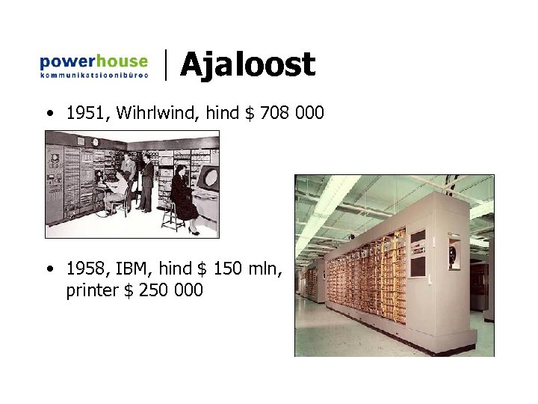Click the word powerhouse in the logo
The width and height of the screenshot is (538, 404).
pyautogui.click(x=93, y=61)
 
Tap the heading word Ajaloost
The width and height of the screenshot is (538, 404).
pyautogui.click(x=247, y=65)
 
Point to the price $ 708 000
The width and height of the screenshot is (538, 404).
pyautogui.click(x=284, y=113)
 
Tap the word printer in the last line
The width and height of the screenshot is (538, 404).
pyautogui.click(x=91, y=290)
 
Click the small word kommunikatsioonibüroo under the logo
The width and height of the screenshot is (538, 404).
pyautogui.click(x=93, y=75)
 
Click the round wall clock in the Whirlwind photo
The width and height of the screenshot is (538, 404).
pyautogui.click(x=95, y=141)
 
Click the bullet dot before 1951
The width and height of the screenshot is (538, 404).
pyautogui.click(x=48, y=114)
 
